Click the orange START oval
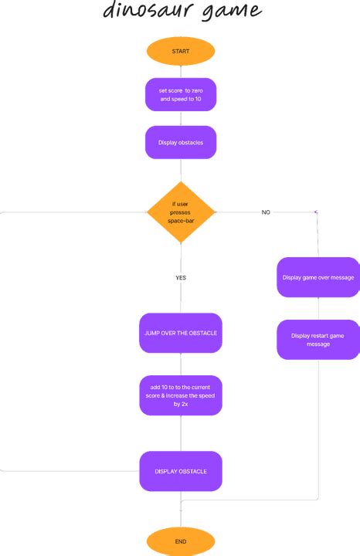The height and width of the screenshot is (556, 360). click(x=180, y=52)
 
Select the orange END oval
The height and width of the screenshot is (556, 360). click(x=180, y=541)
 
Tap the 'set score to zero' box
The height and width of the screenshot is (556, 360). click(x=180, y=95)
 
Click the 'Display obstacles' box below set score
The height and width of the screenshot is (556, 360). click(x=180, y=142)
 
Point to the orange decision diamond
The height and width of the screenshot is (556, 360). click(x=181, y=211)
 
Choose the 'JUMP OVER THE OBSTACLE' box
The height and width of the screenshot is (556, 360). click(x=180, y=333)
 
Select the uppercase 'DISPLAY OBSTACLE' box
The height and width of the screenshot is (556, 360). click(x=180, y=471)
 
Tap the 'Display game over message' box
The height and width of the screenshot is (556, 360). click(x=318, y=277)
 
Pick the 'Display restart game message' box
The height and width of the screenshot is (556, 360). click(x=318, y=340)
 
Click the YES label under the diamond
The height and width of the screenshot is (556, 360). click(x=181, y=277)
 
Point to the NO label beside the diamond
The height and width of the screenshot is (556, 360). click(x=266, y=212)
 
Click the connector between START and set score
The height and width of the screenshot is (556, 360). click(x=180, y=72)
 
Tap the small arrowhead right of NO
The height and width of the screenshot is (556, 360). click(x=315, y=212)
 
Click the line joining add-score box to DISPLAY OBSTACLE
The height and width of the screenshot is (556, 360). click(x=180, y=435)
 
